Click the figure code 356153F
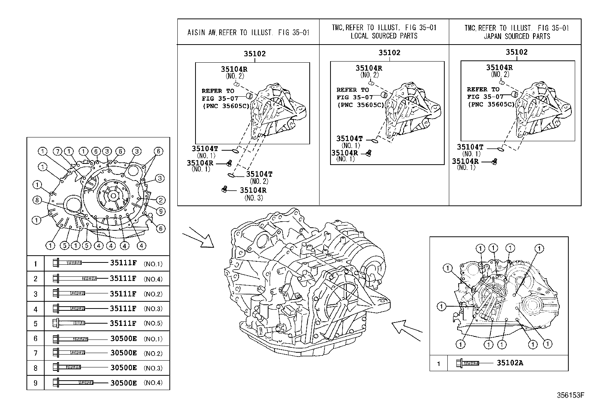571,395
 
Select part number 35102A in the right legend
510,363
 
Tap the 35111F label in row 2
123,279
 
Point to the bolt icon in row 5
68,323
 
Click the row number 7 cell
36,353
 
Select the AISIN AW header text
248,32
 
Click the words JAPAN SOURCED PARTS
517,37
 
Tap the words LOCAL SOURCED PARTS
384,36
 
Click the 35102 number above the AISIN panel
254,54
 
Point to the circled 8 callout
37,200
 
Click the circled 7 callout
56,151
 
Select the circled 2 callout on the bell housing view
160,200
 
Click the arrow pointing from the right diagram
407,330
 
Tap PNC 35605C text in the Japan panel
492,104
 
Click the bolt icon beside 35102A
467,363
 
